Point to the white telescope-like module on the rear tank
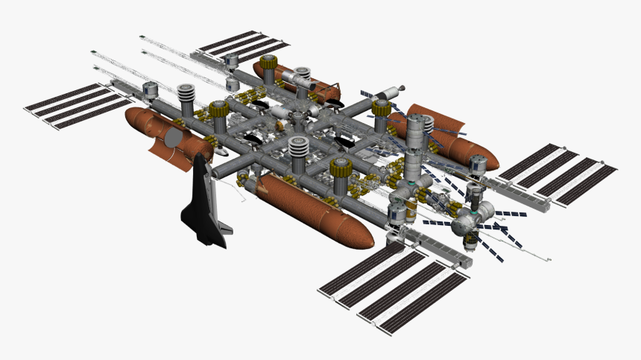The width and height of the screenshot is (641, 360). tap(301, 78)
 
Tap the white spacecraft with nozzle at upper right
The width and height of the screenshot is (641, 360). tap(388, 92)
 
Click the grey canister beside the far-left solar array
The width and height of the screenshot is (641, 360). tap(151, 90)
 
